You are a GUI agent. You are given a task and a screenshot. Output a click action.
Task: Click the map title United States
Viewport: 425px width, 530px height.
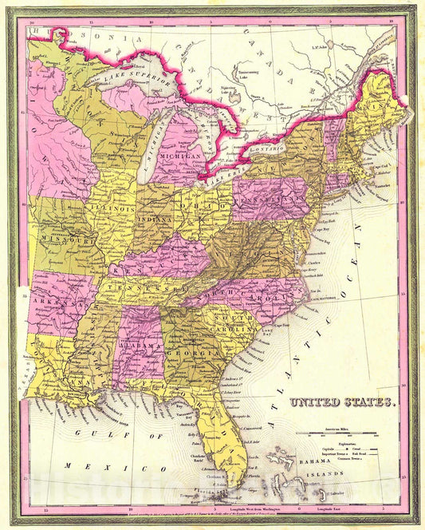pyautogui.click(x=342, y=403)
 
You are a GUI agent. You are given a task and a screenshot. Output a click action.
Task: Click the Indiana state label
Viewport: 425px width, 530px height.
pyautogui.click(x=159, y=216)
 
